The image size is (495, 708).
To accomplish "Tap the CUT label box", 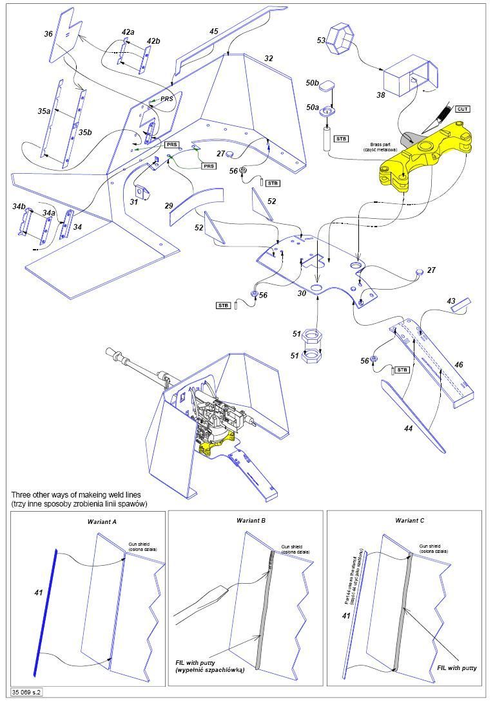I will [462, 109].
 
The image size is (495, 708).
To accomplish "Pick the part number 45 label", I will [214, 31].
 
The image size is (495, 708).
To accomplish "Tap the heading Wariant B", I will [249, 519].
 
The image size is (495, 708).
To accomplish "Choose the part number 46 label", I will [458, 365].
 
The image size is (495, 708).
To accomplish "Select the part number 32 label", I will [269, 59].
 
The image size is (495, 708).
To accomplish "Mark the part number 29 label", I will [169, 206].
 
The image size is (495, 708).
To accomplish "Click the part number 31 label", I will [133, 202].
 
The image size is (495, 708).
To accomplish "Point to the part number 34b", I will [18, 206].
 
